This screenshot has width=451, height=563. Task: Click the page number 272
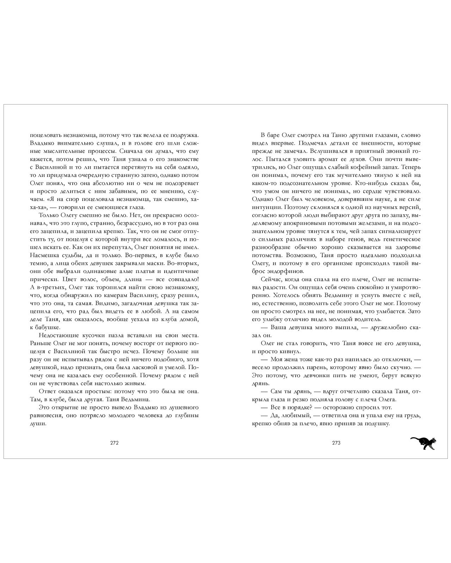point(114,443)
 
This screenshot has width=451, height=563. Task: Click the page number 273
point(336,443)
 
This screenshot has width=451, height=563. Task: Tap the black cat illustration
point(423,443)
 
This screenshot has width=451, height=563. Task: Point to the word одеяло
point(190,167)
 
